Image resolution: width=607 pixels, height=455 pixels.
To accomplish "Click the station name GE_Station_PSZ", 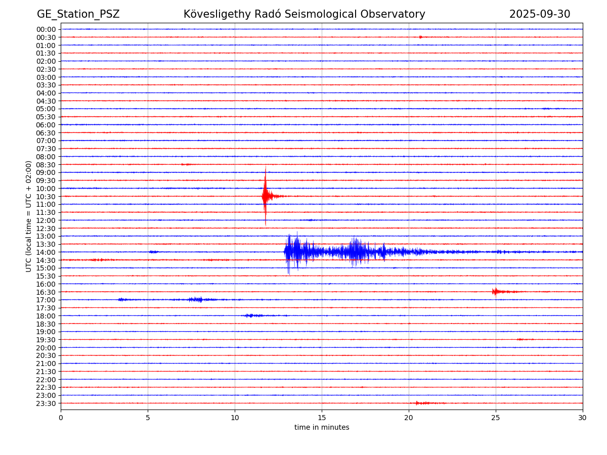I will coord(78,15).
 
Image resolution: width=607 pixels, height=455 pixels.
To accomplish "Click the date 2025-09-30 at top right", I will coord(539,15).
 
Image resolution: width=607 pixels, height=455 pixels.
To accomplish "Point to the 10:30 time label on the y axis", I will coord(46,197).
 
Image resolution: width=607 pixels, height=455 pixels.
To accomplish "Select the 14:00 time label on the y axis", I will coord(46,252).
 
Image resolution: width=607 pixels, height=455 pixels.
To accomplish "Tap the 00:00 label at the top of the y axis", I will coord(46,29).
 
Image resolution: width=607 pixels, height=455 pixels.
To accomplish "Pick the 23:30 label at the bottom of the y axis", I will coord(46,403).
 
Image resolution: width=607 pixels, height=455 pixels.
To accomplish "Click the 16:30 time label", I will coord(46,292).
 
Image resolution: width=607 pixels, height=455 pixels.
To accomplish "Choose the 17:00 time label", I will coord(46,300).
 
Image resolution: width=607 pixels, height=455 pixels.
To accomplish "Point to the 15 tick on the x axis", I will coord(322,418).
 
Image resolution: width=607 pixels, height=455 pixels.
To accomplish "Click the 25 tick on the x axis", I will coord(496,418).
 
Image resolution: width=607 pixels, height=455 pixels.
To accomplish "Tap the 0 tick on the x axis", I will coord(61,418).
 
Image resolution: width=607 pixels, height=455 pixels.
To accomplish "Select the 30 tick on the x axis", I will coord(583,418).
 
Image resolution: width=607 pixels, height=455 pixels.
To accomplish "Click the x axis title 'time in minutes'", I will coord(322,428).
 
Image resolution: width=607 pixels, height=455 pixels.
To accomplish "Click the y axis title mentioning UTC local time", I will coord(29,216).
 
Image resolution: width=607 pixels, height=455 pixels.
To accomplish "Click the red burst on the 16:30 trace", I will coord(496,291).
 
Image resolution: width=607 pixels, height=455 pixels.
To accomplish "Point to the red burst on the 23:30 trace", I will coord(423,403).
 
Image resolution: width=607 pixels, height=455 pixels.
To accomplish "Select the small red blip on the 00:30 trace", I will coord(420,37).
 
